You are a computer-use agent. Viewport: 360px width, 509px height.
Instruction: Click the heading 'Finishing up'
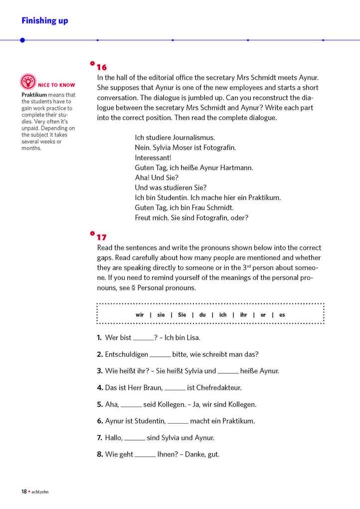[x=45, y=20]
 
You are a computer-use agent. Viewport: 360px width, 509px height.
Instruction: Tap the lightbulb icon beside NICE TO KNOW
[x=28, y=81]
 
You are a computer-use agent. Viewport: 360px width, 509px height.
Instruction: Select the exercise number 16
[x=102, y=67]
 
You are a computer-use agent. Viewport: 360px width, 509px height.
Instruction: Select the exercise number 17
[x=102, y=238]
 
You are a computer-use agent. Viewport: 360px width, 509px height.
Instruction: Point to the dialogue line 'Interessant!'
[x=153, y=158]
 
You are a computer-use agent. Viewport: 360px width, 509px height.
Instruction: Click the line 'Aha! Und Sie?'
[x=157, y=178]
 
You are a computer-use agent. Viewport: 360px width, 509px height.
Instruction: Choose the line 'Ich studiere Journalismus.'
[x=175, y=137]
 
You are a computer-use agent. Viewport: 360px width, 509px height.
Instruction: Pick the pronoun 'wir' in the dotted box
[x=140, y=315]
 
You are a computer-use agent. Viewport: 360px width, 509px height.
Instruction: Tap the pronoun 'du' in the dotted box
[x=202, y=315]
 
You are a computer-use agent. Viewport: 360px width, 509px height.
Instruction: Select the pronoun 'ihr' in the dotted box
[x=243, y=315]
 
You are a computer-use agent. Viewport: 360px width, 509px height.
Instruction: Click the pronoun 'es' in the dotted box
[x=282, y=315]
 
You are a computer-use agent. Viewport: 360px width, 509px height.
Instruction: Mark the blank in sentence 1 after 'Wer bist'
[x=144, y=338]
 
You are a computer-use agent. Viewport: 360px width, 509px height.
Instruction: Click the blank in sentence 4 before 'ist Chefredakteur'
[x=175, y=388]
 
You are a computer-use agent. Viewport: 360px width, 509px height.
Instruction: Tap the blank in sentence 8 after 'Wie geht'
[x=145, y=455]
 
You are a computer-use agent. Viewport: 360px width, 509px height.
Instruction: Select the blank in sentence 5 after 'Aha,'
[x=131, y=405]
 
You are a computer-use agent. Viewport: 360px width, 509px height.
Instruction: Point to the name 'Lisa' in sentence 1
[x=193, y=338]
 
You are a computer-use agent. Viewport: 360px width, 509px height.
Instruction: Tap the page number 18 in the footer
[x=24, y=492]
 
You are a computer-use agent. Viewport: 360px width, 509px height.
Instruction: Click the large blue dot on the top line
[x=22, y=40]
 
